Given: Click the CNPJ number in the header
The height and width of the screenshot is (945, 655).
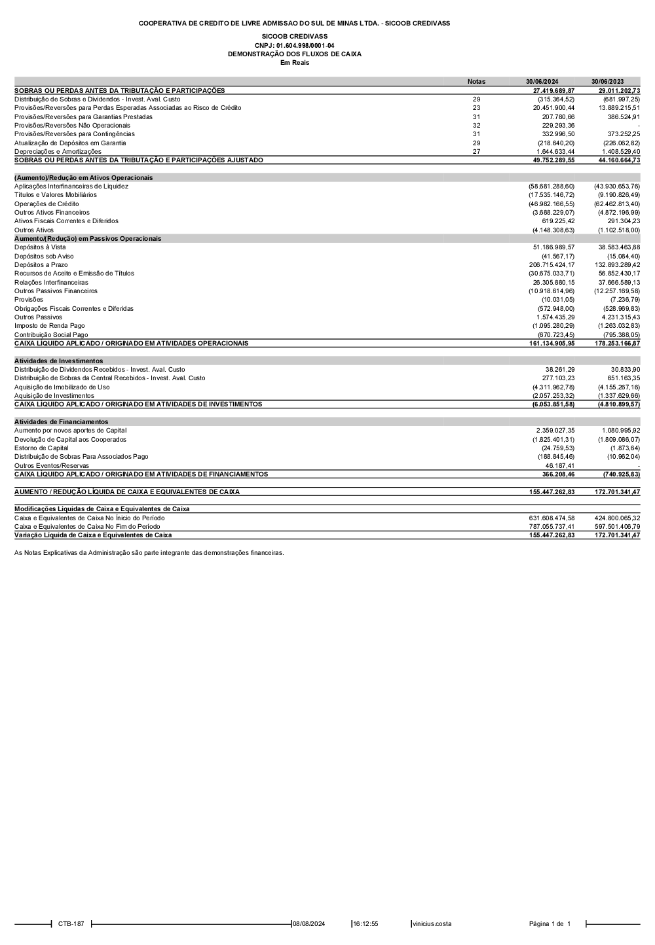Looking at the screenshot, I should coord(294,45).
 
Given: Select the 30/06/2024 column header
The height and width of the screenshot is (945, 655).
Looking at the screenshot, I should coord(542,82).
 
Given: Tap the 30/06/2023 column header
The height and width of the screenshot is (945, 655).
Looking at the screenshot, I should coord(607,82).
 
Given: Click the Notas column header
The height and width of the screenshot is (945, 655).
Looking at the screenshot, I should coord(476,82).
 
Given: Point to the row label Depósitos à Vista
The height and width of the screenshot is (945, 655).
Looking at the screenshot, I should coord(40,247).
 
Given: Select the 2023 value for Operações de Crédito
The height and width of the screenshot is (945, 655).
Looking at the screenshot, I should coord(617,204).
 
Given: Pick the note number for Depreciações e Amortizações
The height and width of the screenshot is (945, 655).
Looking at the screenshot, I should coord(476,152).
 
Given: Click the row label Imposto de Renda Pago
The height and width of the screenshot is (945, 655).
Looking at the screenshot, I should coord(50,326).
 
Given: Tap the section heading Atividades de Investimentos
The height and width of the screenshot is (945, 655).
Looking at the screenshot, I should coord(59,361).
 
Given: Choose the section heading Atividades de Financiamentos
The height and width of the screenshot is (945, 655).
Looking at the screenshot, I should coord(62,422).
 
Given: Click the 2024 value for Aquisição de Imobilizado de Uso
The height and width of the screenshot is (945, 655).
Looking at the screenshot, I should coord(553,387).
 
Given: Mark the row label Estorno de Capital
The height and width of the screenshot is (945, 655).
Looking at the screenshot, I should coord(41,448).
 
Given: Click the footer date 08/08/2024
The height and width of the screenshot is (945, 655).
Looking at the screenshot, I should coord(309,924).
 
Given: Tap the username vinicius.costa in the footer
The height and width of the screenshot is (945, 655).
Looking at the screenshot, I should coord(432,924).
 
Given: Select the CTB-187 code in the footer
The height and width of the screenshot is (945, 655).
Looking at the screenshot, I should coord(71,924).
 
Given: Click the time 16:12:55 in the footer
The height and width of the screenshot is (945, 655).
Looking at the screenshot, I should coord(365,924).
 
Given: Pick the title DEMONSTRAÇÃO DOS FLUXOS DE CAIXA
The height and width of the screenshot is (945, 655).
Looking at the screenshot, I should coord(294,54).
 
